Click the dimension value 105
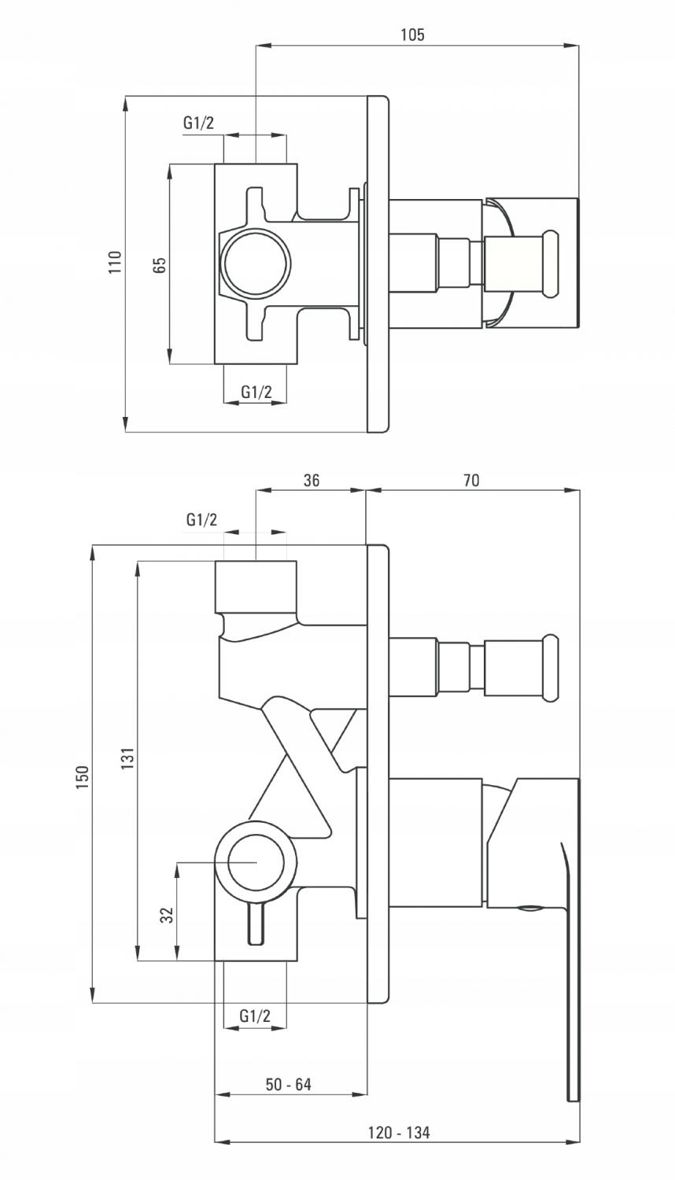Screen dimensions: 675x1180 (412, 35)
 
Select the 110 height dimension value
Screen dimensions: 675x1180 (115, 262)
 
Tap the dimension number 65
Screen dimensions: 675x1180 (160, 264)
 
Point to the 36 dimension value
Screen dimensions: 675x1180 (312, 480)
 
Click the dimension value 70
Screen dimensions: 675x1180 (471, 480)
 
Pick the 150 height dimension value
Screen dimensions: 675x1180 (83, 777)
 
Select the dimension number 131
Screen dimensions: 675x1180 (127, 758)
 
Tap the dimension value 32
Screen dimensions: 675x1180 (167, 915)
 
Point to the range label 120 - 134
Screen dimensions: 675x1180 (399, 1131)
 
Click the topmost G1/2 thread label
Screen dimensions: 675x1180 (199, 123)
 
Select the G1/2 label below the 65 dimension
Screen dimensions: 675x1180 (256, 392)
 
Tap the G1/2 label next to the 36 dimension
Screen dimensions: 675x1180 (202, 519)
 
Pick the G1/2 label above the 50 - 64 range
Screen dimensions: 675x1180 (255, 1016)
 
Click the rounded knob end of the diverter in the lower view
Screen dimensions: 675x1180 (551, 668)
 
